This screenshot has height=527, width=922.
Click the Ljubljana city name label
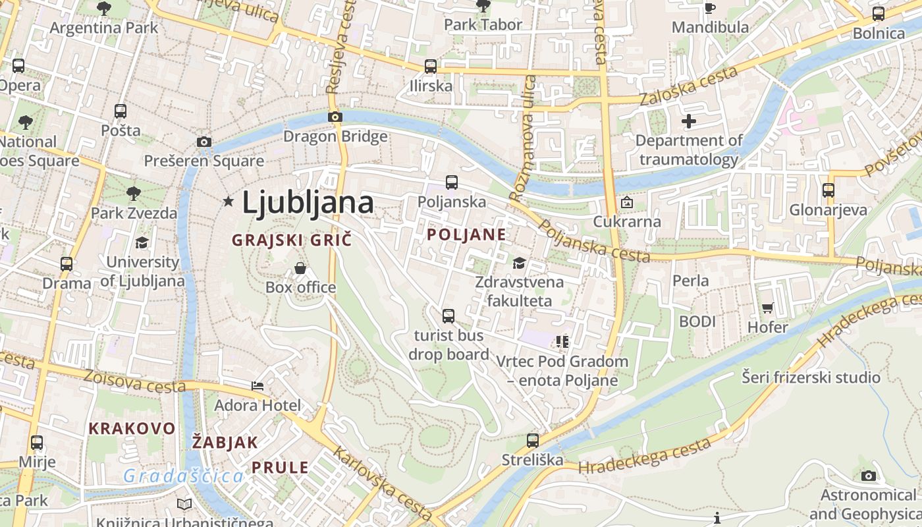click(x=308, y=202)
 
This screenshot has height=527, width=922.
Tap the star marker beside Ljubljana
click(x=229, y=201)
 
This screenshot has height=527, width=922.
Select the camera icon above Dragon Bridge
click(x=335, y=117)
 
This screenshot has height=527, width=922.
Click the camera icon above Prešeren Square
click(x=204, y=142)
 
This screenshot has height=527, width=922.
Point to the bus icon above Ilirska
click(x=431, y=67)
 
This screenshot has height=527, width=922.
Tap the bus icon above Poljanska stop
click(x=452, y=182)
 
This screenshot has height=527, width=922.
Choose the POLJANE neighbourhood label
click(x=466, y=235)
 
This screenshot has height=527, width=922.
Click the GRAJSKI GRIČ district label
click(x=292, y=240)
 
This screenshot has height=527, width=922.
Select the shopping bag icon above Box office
click(x=300, y=268)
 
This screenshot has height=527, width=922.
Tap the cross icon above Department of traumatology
click(x=689, y=121)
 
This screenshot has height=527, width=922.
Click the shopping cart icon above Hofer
click(x=768, y=308)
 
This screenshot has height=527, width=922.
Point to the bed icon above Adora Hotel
click(x=258, y=386)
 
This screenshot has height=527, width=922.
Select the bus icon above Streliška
click(x=533, y=440)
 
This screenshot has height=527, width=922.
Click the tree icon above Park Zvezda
click(x=134, y=193)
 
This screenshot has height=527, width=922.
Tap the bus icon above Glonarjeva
click(x=828, y=190)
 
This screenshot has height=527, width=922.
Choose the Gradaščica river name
click(x=183, y=476)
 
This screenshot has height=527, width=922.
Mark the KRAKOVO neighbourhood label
click(x=132, y=428)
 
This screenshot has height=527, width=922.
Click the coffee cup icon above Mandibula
click(x=710, y=8)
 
